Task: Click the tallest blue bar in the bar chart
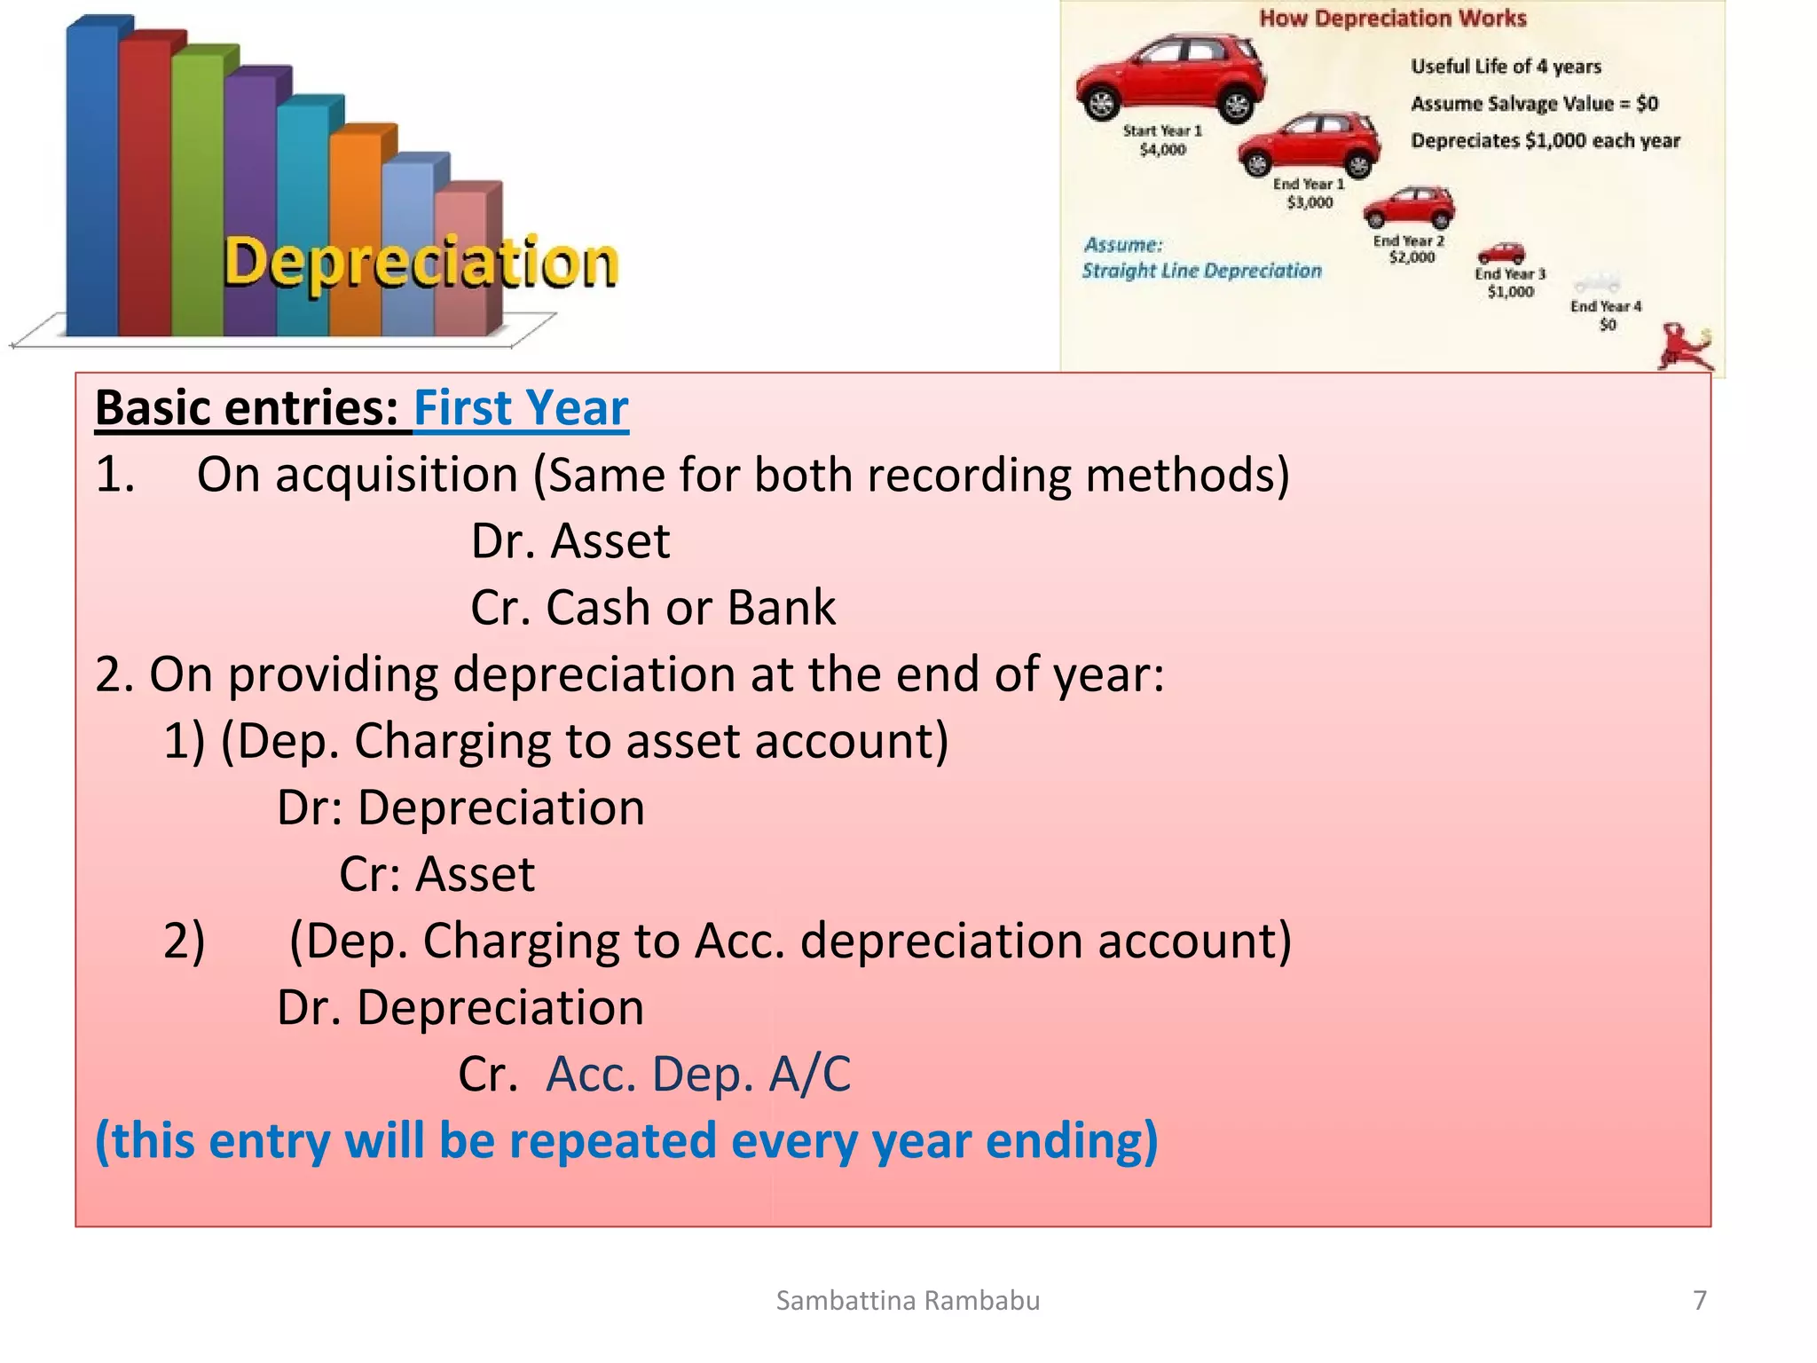coord(92,177)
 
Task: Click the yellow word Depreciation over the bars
coord(420,264)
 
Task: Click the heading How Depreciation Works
coord(1392,19)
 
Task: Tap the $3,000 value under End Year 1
coord(1310,203)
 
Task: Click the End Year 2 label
coord(1409,240)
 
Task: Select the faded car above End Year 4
coord(1597,284)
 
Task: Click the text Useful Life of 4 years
coord(1506,67)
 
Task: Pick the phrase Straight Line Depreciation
coord(1201,271)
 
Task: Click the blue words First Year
coord(521,408)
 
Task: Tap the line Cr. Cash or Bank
coord(653,608)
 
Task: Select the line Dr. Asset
coord(570,541)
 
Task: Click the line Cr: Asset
coord(437,874)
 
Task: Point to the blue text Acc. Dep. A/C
coord(698,1075)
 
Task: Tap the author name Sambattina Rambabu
coord(908,1301)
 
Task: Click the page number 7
coord(1699,1301)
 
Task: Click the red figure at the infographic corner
coord(1683,348)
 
